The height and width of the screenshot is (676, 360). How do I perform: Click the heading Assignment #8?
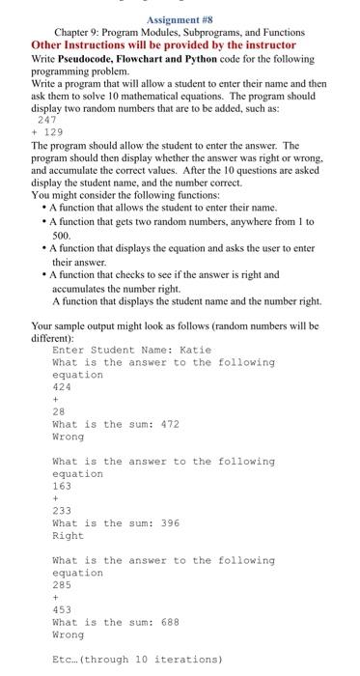(180, 17)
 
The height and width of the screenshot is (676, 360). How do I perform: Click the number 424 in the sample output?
(61, 386)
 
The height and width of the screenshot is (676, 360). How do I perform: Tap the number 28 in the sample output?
(58, 411)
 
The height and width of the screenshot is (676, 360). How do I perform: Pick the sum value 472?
(167, 424)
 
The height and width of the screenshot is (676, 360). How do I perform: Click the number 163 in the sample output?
(61, 486)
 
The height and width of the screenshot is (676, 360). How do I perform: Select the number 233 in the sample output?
(61, 511)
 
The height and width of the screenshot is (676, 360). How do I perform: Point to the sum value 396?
(167, 523)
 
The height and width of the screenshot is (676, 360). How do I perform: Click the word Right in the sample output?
(68, 536)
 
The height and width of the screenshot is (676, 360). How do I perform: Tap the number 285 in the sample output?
(61, 585)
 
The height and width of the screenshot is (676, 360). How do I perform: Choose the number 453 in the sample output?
(61, 610)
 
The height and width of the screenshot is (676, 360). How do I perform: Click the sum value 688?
(167, 623)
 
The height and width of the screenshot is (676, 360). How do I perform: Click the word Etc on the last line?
(64, 660)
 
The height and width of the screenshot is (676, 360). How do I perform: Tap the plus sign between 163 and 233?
(55, 498)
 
